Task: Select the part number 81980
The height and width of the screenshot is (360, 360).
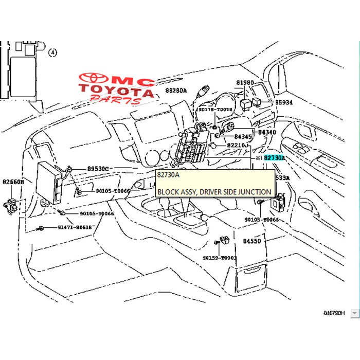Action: click(245, 83)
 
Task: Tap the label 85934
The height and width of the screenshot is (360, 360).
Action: click(283, 102)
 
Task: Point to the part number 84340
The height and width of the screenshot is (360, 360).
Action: click(267, 132)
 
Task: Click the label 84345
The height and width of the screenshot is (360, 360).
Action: click(243, 137)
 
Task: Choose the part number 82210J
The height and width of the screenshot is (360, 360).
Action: click(238, 146)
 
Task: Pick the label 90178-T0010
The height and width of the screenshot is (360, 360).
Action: click(215, 110)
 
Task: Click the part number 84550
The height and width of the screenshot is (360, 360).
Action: click(253, 241)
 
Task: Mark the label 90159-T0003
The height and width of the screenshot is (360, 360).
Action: click(220, 258)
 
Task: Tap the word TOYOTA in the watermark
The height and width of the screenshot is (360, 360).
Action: click(116, 93)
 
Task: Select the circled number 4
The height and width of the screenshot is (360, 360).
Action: click(53, 52)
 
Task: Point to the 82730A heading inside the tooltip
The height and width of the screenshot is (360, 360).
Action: click(168, 175)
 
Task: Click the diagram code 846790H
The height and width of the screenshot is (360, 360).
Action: click(335, 312)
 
